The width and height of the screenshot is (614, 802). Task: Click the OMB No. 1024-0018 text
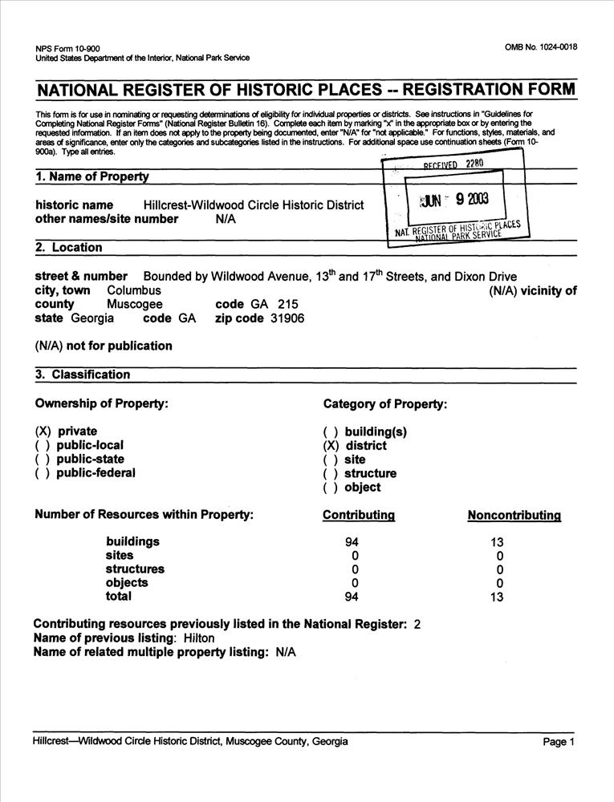[x=541, y=47]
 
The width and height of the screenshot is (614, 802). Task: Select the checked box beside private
[x=43, y=431]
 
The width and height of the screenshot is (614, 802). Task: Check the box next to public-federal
[x=43, y=473]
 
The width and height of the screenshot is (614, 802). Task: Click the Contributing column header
[x=358, y=516]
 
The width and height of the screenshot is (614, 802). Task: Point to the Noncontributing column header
[x=514, y=516]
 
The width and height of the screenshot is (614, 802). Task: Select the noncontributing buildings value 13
[x=497, y=542]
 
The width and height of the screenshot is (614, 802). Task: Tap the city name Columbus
[x=134, y=290]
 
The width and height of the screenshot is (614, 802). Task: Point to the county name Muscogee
[x=135, y=305]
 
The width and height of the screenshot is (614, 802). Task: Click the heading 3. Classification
[x=83, y=375]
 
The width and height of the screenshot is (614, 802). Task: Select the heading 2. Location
[x=69, y=248]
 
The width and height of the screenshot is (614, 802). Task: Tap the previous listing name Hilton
[x=199, y=638]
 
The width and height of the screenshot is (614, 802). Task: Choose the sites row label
[x=120, y=555]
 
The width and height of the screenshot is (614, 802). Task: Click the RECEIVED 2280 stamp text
[x=453, y=165]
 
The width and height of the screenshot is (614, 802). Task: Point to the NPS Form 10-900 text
[x=68, y=48]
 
